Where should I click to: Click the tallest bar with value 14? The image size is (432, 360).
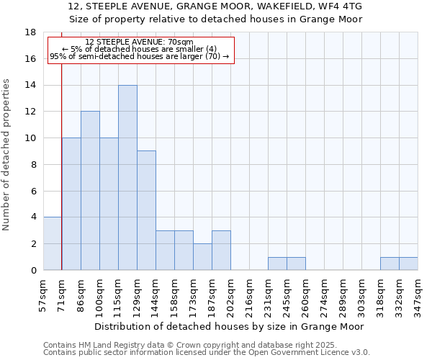point(127,177)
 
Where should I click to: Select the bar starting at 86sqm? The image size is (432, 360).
point(90,190)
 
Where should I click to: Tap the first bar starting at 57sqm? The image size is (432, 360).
point(53,243)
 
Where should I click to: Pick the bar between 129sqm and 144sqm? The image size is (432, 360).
point(146,210)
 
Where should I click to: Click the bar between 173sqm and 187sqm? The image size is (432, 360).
point(202,256)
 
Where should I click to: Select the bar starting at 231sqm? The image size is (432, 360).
point(277,264)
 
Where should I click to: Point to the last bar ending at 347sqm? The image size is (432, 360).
point(408,264)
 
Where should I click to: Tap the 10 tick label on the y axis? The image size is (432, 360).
point(31,138)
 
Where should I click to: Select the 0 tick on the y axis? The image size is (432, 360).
point(33,270)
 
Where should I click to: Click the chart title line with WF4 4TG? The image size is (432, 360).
point(215,6)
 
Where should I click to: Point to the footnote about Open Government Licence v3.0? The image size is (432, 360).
point(207,353)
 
